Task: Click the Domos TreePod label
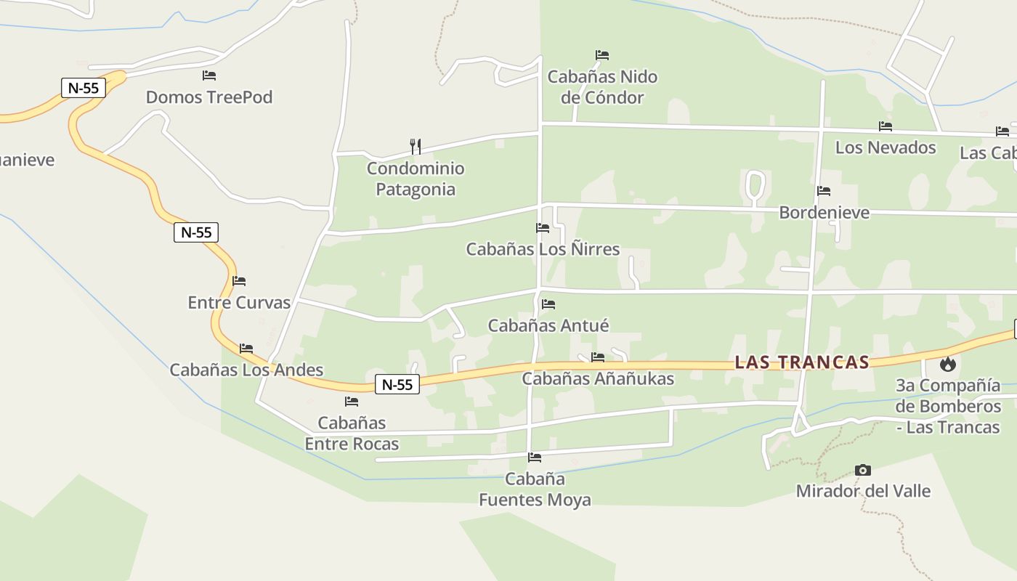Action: tap(209, 97)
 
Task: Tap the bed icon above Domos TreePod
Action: tap(209, 75)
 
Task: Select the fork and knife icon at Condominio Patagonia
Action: tap(416, 147)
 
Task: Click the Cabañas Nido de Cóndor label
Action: tap(602, 87)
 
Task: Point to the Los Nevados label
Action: tap(886, 147)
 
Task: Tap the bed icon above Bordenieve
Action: tap(824, 191)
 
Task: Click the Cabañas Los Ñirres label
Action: tap(543, 249)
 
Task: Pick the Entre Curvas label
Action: tap(239, 303)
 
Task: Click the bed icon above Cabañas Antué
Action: tap(548, 304)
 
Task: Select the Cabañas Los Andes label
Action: tap(246, 370)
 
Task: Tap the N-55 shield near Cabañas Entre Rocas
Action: tap(397, 385)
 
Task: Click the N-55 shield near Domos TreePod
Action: tap(84, 89)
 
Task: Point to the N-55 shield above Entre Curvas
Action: tap(196, 232)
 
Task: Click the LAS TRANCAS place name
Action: tap(802, 362)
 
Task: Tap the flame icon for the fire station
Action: tap(948, 364)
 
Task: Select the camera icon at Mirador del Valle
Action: tap(863, 470)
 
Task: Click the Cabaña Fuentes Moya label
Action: tap(535, 489)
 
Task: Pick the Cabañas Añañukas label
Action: tap(598, 378)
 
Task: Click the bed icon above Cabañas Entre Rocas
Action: tap(352, 402)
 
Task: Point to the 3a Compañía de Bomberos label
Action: tap(948, 406)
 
